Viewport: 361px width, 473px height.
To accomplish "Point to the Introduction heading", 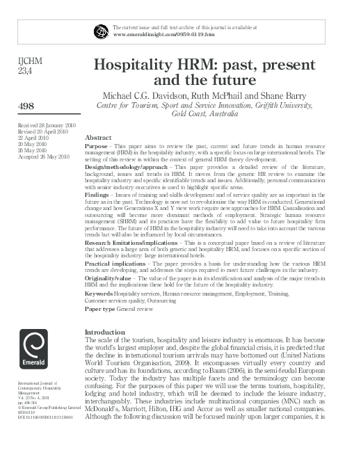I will [104, 332].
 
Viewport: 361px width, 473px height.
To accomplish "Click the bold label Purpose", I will [96, 148].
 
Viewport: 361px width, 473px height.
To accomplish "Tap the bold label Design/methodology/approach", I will [128, 168].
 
